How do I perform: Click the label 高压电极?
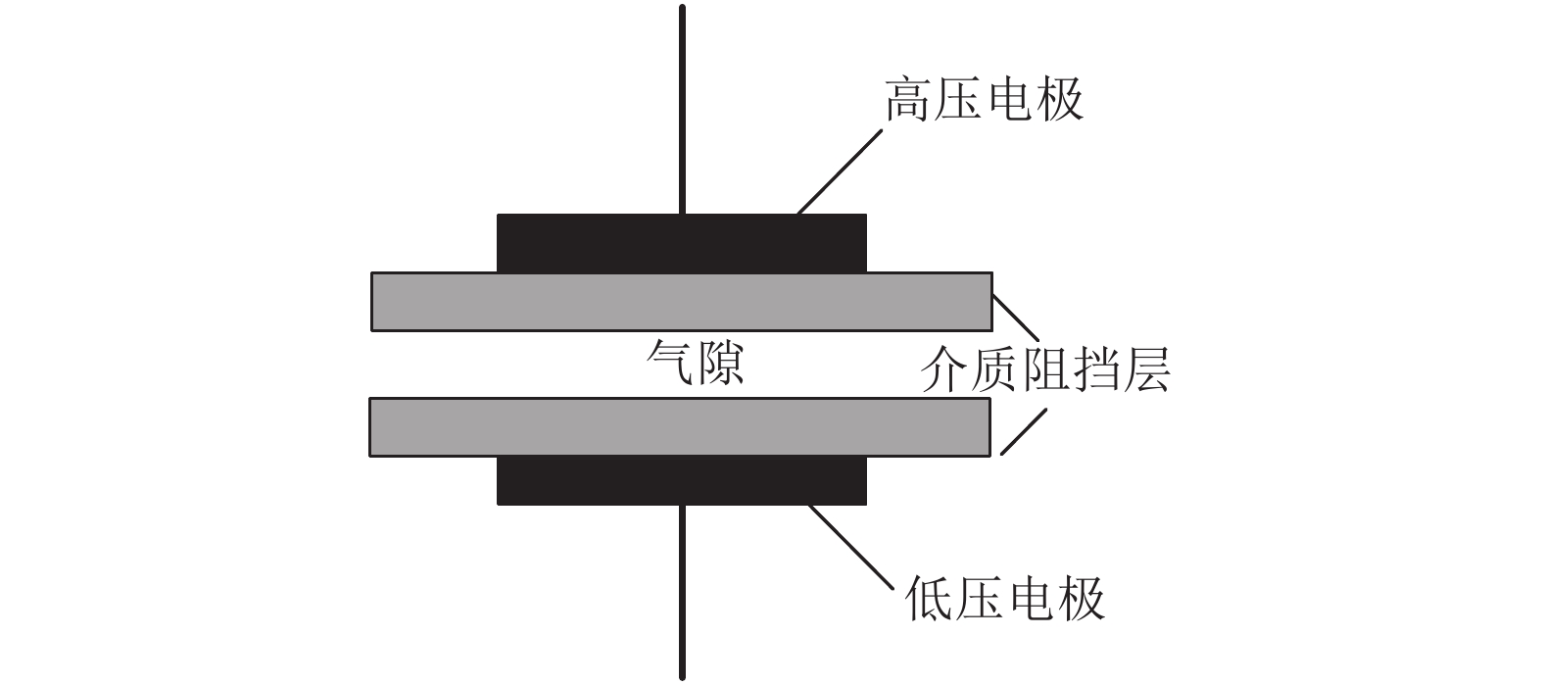[x=984, y=100]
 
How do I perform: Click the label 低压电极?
[x=1006, y=598]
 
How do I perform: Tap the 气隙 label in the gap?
[x=696, y=364]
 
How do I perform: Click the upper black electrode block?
[x=682, y=243]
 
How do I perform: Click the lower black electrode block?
[x=682, y=480]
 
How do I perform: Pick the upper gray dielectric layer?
[x=682, y=302]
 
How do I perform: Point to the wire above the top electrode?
[x=682, y=108]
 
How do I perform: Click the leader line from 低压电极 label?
[x=850, y=547]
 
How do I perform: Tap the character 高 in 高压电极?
[x=908, y=100]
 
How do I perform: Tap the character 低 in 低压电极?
[x=931, y=598]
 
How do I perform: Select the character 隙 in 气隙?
[x=720, y=364]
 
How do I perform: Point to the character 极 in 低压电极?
[x=1082, y=598]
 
